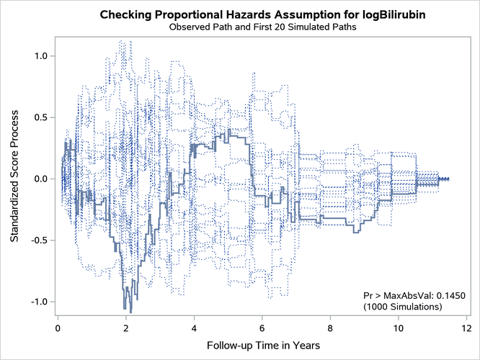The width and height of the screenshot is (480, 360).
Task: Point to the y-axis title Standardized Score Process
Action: click(15, 179)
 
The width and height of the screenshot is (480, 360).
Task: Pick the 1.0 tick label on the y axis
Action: click(40, 55)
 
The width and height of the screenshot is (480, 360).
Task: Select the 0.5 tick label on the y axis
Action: click(40, 117)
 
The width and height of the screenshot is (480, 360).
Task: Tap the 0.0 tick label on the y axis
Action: click(40, 179)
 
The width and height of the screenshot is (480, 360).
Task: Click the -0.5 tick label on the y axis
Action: click(39, 240)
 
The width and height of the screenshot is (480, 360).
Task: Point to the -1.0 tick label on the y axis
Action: click(39, 302)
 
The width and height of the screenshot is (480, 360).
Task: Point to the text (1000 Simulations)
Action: click(404, 307)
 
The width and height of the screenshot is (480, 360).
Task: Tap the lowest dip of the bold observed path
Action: click(130, 311)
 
